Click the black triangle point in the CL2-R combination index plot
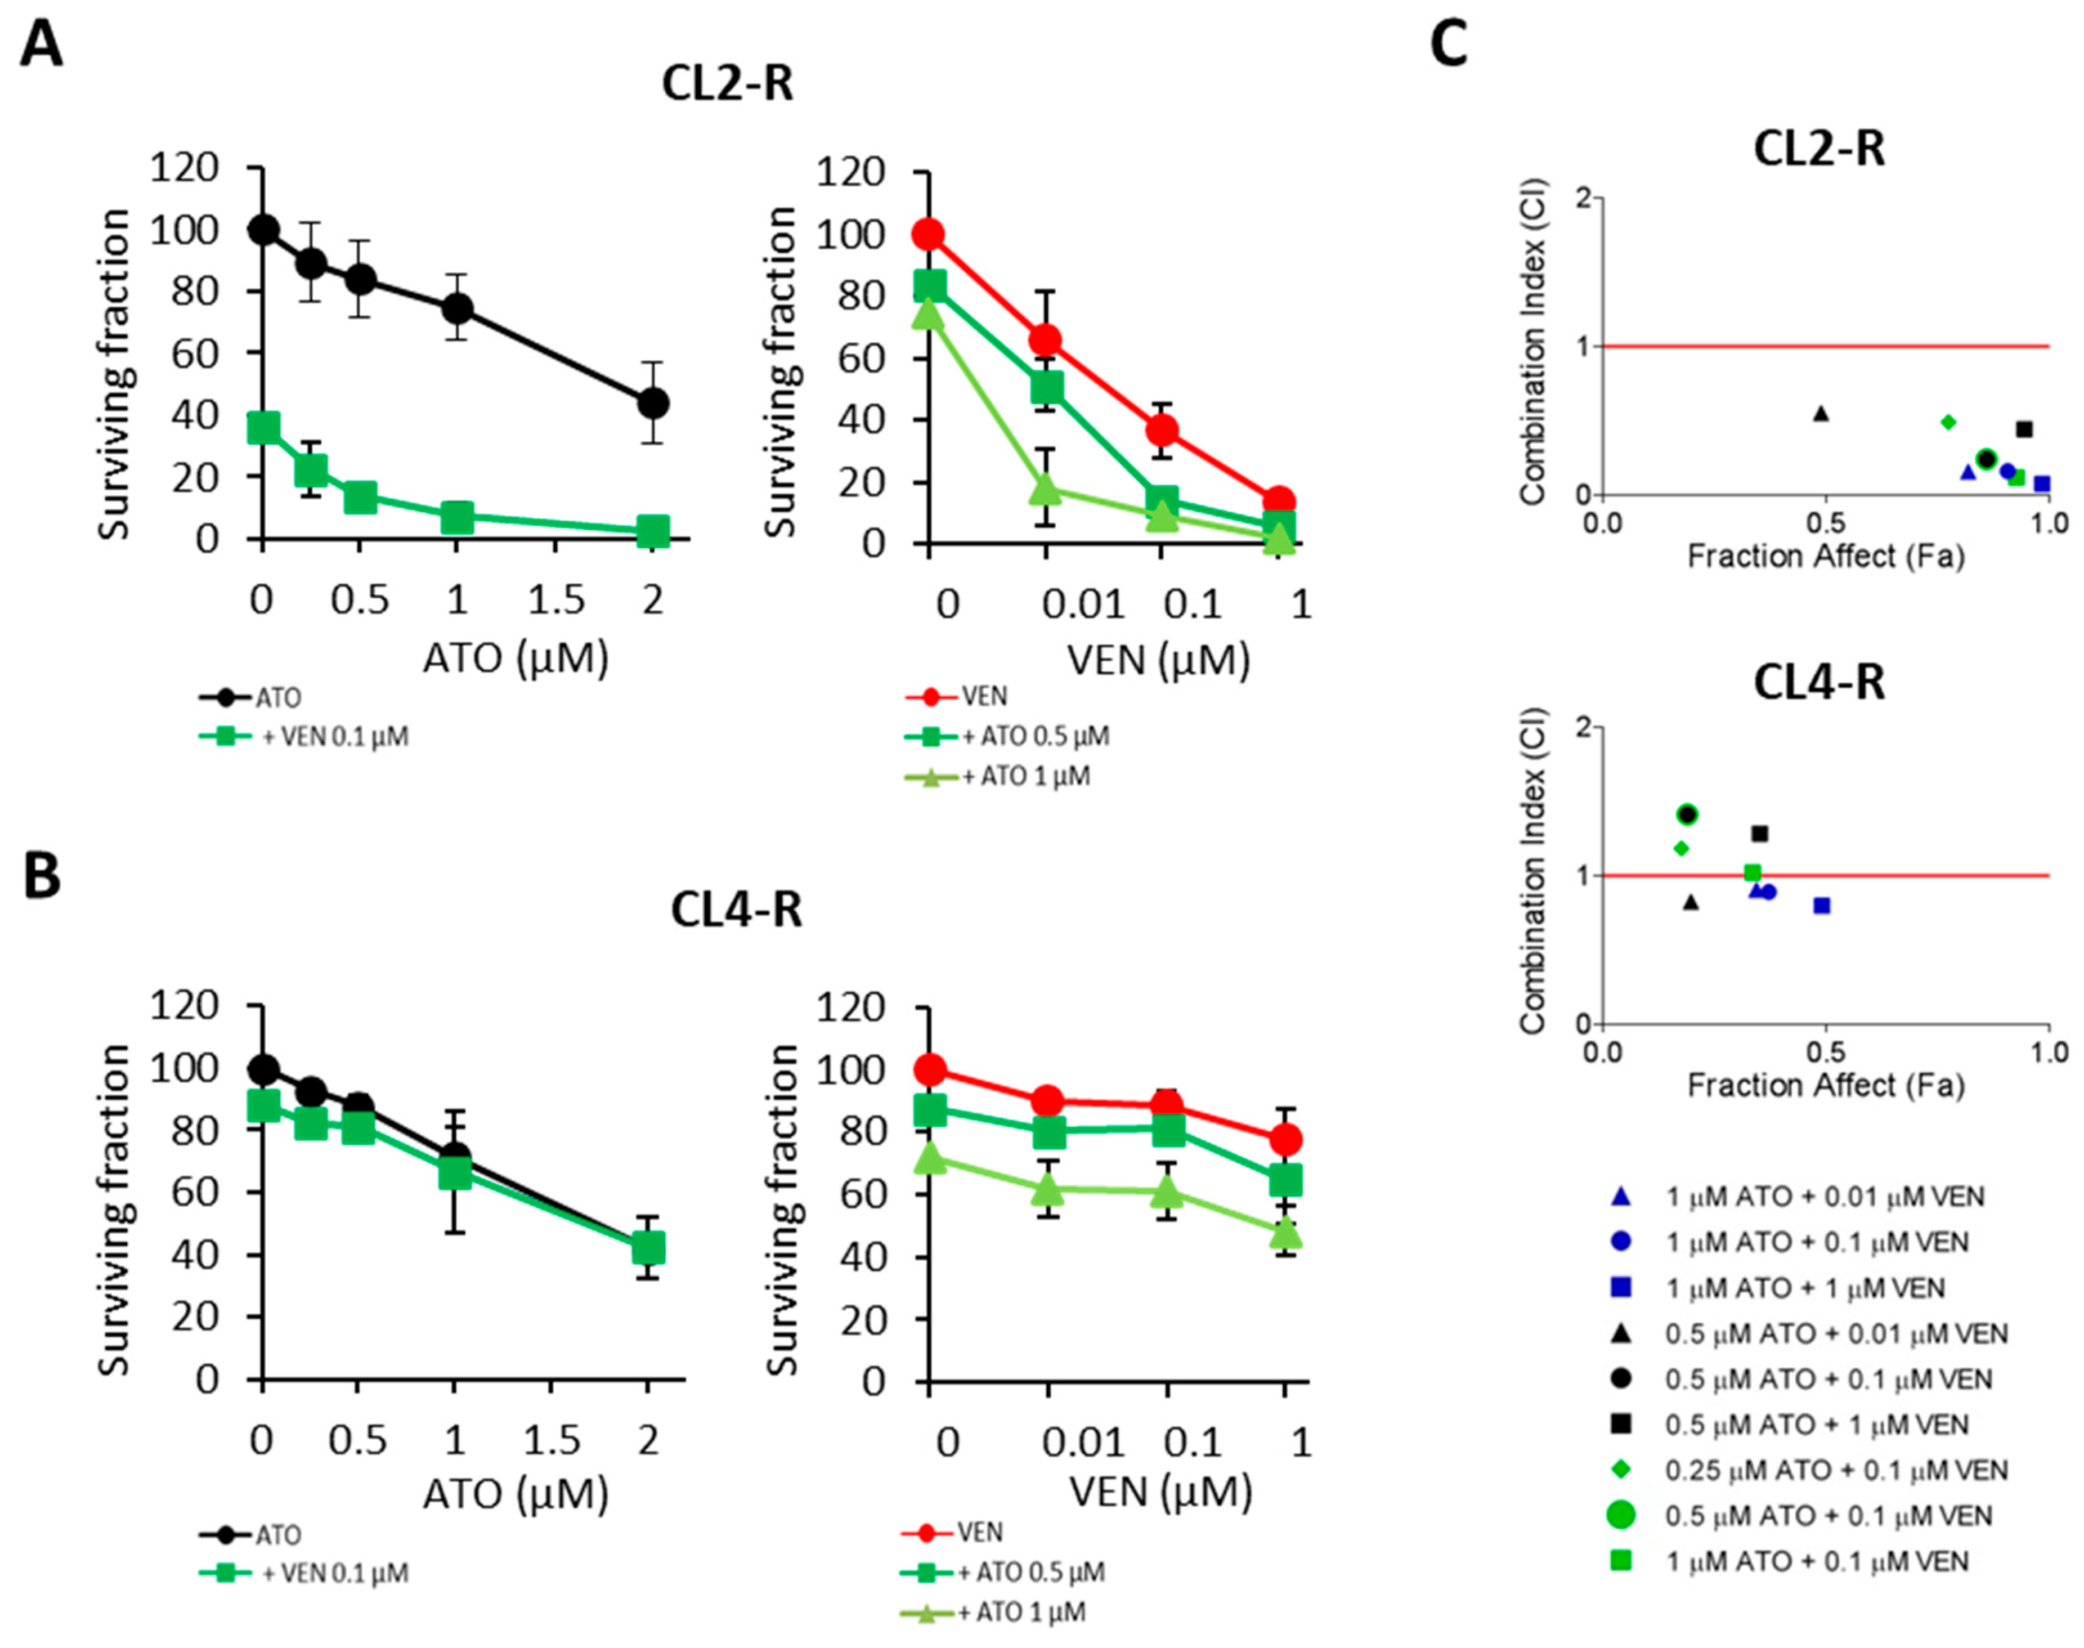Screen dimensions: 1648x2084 coord(1821,414)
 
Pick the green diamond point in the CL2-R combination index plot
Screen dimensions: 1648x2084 coord(1948,422)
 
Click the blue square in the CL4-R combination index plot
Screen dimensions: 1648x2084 coord(1822,905)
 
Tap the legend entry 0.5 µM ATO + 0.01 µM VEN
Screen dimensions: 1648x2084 coord(1835,1333)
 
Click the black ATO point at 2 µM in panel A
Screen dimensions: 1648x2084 coord(653,402)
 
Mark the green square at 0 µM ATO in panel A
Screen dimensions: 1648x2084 coord(263,427)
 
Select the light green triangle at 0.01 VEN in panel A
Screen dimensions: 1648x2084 coord(1046,489)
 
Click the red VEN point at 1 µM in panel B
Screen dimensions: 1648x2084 coord(1284,1140)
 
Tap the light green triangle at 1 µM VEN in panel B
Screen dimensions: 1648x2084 coord(1284,1232)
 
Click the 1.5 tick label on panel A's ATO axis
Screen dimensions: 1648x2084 coord(555,600)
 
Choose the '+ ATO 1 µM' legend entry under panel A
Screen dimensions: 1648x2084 coord(1025,777)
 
